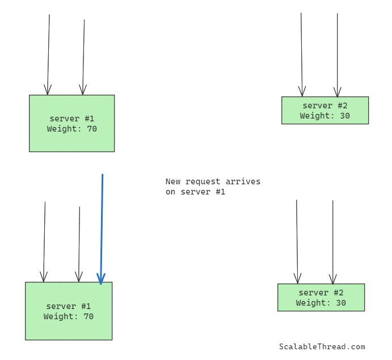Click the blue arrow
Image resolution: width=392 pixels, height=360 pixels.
[x=102, y=227]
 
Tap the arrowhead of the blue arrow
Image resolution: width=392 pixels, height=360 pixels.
[x=101, y=279]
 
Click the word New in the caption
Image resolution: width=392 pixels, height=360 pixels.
[x=173, y=182]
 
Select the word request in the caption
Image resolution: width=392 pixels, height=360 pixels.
[x=201, y=182]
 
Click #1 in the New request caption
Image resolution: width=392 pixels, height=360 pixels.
[x=220, y=192]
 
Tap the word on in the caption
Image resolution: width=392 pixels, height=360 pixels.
[x=171, y=192]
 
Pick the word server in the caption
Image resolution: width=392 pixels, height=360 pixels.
[x=196, y=192]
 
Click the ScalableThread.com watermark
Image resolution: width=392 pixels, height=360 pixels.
[x=322, y=347]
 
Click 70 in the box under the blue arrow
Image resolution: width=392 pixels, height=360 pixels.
[x=88, y=317]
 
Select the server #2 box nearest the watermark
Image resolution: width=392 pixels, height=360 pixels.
[x=321, y=298]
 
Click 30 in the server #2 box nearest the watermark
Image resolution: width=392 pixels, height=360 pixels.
[x=341, y=303]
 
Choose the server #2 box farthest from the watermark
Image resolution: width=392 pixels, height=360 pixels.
[x=325, y=111]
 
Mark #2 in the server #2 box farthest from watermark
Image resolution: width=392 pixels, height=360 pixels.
[x=343, y=106]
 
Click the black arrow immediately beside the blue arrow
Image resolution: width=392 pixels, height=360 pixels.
[x=79, y=244]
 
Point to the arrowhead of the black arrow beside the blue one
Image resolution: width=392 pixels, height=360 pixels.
[x=79, y=278]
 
